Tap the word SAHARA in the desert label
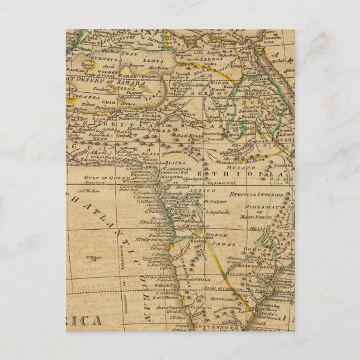pyautogui.click(x=132, y=82)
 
